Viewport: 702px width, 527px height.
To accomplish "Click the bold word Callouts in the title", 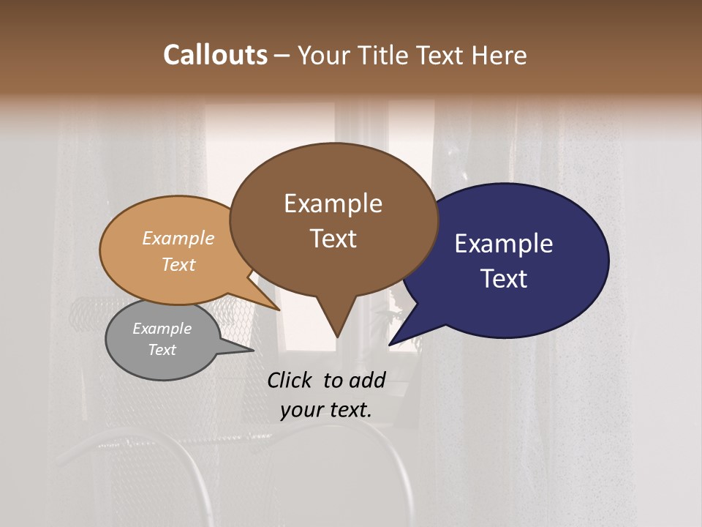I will (x=215, y=55).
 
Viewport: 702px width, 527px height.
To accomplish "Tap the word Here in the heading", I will (x=500, y=55).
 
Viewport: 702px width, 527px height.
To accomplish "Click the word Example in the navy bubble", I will (x=503, y=244).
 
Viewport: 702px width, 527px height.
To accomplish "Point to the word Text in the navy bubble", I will (x=503, y=279).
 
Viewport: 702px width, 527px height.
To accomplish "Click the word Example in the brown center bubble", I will (x=333, y=203).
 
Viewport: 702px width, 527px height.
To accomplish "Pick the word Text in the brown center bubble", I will (x=333, y=239).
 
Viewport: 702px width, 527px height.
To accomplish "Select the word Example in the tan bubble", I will (x=178, y=239).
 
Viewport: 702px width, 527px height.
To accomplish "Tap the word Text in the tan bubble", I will (x=178, y=264).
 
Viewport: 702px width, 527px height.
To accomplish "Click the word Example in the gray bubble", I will (x=162, y=329).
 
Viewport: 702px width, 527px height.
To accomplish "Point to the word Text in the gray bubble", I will (x=162, y=350).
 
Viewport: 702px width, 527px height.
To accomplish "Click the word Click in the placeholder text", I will (x=290, y=380).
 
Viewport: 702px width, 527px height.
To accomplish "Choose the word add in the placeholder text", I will (x=367, y=380).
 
